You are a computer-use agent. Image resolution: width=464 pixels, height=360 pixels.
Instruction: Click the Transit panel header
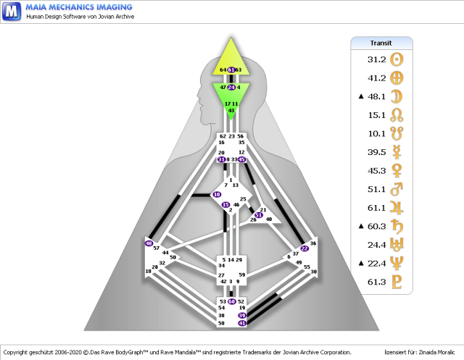tap(381, 43)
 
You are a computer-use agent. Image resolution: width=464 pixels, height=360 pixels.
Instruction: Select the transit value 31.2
tap(376, 59)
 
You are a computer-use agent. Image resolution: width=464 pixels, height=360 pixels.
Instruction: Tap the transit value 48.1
tap(376, 96)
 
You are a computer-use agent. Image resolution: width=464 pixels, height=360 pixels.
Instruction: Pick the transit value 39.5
tap(376, 152)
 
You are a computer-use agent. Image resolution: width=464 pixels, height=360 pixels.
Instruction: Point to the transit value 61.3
tap(376, 282)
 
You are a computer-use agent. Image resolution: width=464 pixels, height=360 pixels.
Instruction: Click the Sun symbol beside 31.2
tap(396, 59)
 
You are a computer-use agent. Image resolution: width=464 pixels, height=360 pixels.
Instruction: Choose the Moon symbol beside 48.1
tap(396, 96)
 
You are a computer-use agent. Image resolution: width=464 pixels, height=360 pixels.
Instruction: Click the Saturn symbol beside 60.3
tap(396, 226)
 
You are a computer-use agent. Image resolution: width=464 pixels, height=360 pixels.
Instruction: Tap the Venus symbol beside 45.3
tap(396, 171)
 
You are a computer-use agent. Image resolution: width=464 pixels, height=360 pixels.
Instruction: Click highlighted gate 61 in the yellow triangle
tap(231, 70)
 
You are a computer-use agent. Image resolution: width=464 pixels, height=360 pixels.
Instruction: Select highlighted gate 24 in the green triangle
tap(231, 87)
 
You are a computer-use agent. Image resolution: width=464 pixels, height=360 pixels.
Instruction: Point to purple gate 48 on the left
tap(149, 243)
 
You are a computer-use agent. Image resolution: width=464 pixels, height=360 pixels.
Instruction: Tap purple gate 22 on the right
tap(304, 248)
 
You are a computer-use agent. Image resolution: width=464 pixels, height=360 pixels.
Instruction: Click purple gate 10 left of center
tap(217, 195)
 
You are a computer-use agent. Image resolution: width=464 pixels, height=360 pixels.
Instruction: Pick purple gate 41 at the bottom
tap(242, 324)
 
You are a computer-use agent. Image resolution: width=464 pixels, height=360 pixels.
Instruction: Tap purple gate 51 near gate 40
tap(258, 215)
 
